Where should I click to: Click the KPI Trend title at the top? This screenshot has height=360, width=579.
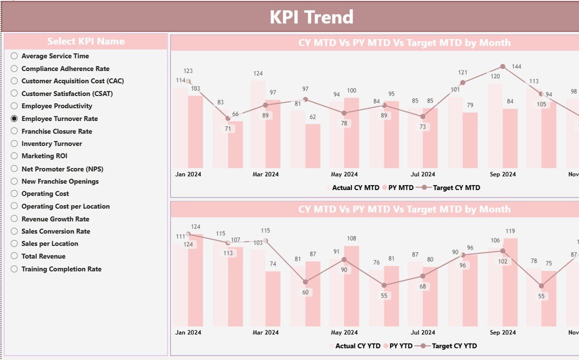pyautogui.click(x=311, y=17)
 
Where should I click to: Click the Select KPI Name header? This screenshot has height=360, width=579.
pyautogui.click(x=86, y=41)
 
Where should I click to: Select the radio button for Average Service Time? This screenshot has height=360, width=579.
pyautogui.click(x=14, y=56)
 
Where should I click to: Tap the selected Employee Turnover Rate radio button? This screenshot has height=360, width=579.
pyautogui.click(x=14, y=118)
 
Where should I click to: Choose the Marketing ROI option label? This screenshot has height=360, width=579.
pyautogui.click(x=44, y=156)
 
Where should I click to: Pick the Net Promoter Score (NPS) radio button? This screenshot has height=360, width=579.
pyautogui.click(x=14, y=169)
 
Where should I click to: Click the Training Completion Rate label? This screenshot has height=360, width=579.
pyautogui.click(x=61, y=269)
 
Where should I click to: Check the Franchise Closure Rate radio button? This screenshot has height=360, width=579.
pyautogui.click(x=14, y=131)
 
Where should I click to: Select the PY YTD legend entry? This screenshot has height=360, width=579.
pyautogui.click(x=400, y=345)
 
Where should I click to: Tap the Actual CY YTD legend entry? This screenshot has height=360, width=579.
pyautogui.click(x=357, y=345)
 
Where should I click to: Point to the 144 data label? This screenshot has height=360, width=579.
pyautogui.click(x=516, y=66)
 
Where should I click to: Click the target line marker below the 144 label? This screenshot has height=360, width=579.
pyautogui.click(x=502, y=66)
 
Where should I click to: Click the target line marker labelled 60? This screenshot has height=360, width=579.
pyautogui.click(x=305, y=282)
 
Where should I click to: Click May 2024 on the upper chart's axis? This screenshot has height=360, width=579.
pyautogui.click(x=344, y=174)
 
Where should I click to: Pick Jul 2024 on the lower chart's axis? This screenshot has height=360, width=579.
pyautogui.click(x=422, y=332)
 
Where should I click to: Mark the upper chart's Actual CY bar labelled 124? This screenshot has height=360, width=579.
pyautogui.click(x=257, y=125)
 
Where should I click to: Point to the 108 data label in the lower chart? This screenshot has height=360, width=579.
pyautogui.click(x=351, y=238)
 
